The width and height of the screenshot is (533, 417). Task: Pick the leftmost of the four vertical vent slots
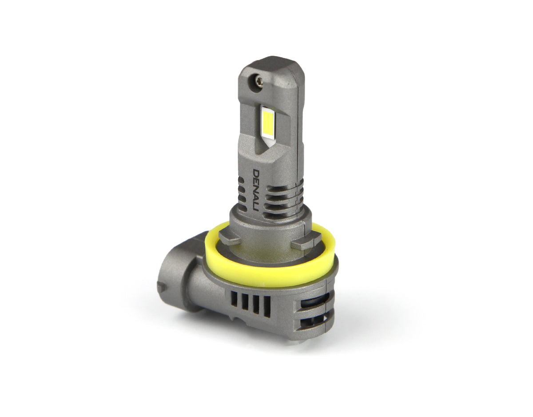tap(234, 300)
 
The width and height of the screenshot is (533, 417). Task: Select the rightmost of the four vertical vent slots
tap(267, 306)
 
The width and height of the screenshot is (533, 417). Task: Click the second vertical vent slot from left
tap(245, 302)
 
